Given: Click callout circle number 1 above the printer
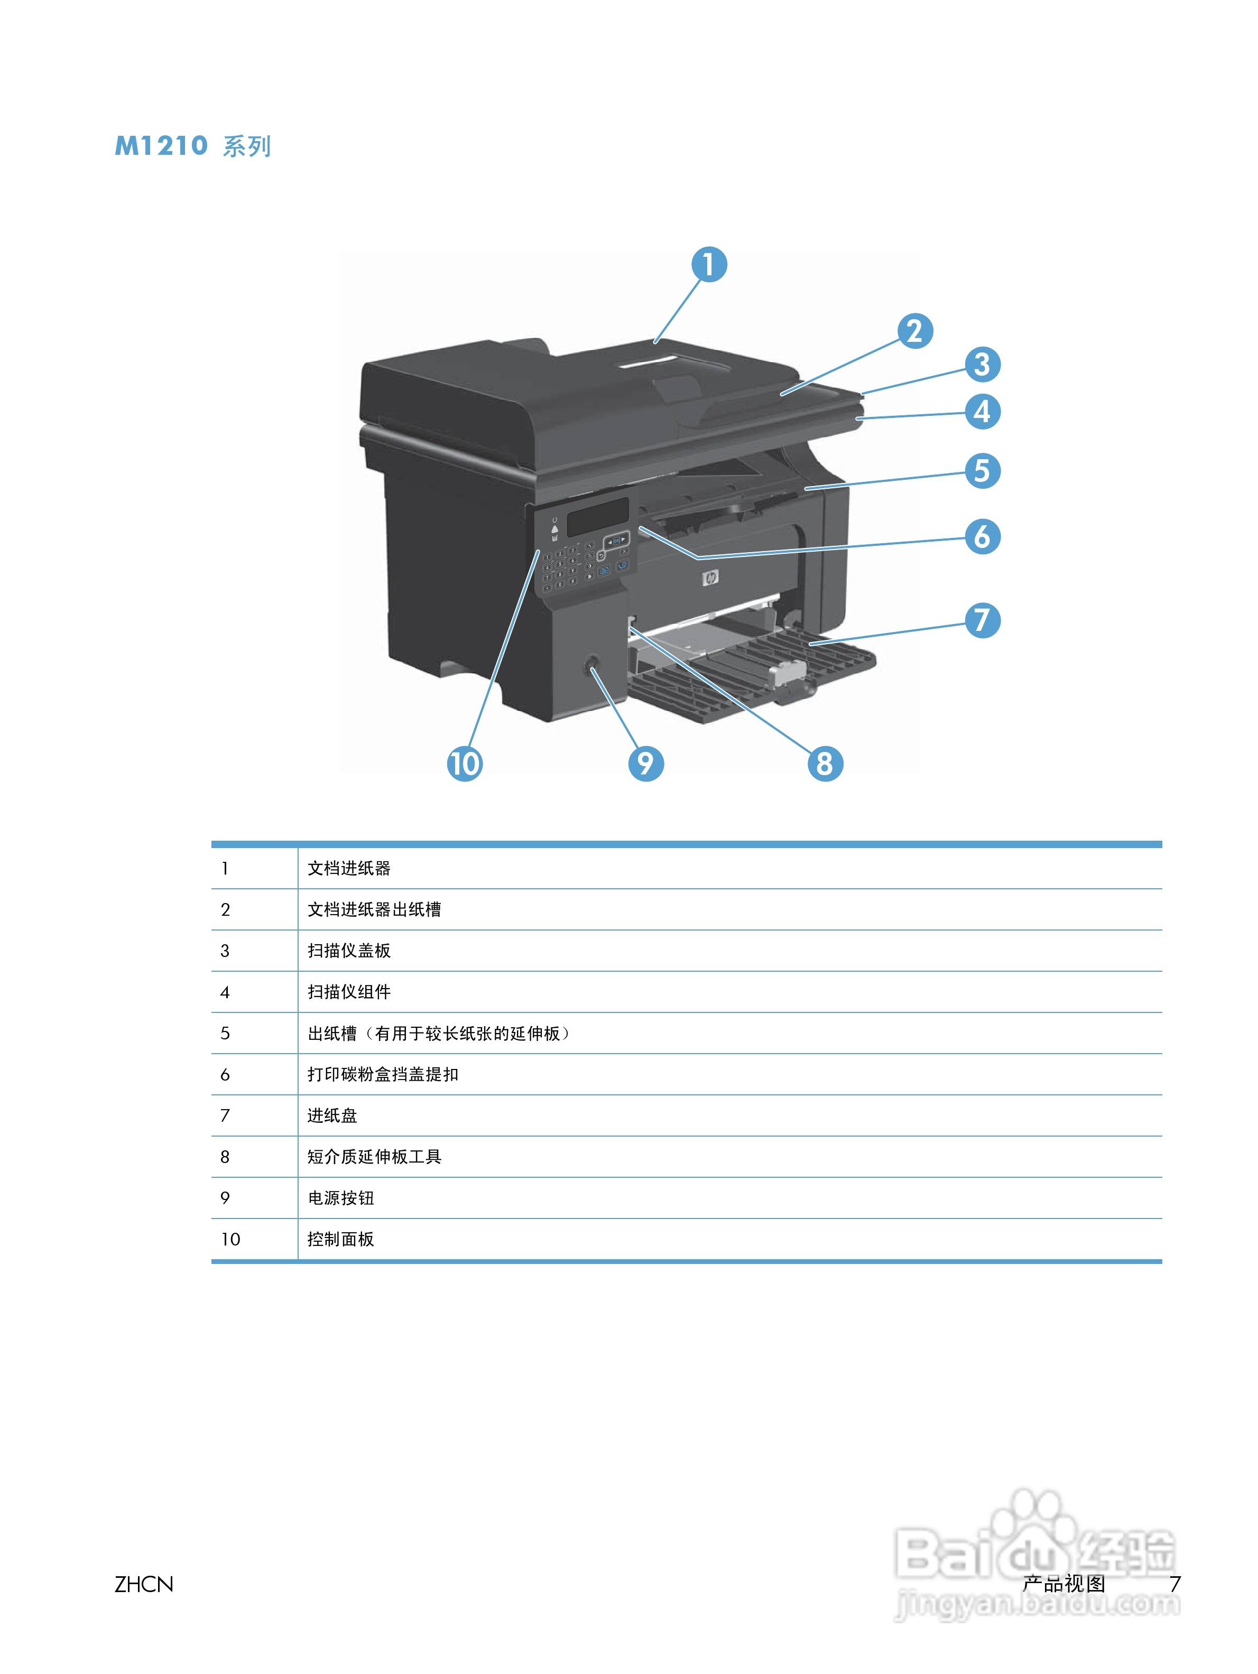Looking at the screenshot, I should coord(708,265).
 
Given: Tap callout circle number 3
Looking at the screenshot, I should coord(982,365).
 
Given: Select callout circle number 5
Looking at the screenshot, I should coord(982,471).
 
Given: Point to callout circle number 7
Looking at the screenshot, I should coord(982,620).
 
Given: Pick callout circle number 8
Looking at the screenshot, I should coord(824,763).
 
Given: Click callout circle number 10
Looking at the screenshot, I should coord(465,763).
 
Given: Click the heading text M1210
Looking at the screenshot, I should coord(161,145).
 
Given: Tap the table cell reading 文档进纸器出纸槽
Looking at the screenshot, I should coord(374,909).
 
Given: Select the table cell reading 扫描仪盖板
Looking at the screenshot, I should coord(349,951).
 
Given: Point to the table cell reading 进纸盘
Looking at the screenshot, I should coord(332,1115).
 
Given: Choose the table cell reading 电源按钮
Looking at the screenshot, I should coord(340,1197).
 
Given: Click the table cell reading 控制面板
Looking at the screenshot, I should coord(340,1239).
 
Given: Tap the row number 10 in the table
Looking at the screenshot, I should coord(230,1239).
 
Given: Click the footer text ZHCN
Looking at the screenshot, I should coord(144,1584).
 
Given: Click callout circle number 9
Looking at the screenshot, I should coord(646,763).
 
